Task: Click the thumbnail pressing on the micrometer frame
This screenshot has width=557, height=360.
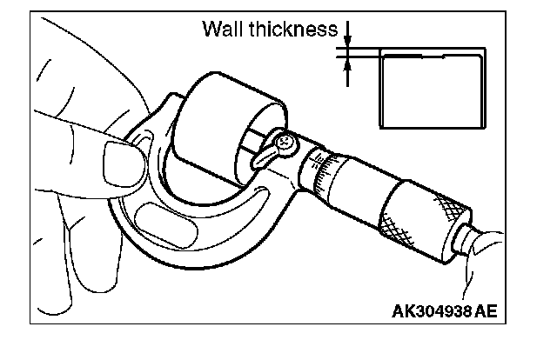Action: click(x=119, y=161)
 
